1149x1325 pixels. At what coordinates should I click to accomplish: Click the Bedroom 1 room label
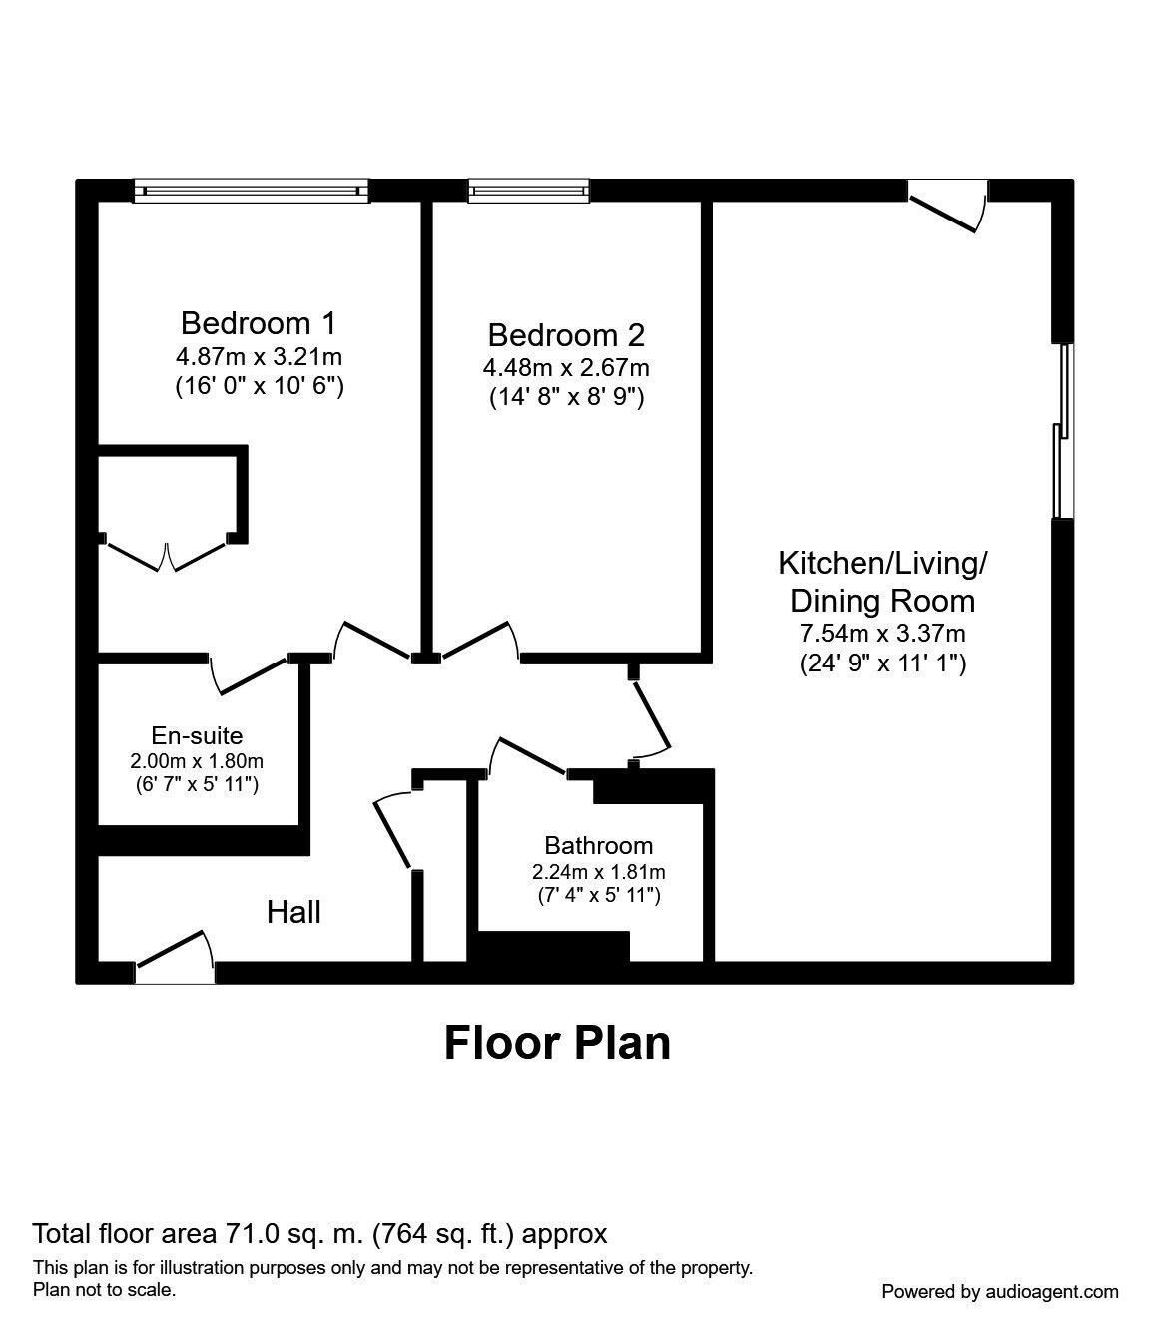point(259,323)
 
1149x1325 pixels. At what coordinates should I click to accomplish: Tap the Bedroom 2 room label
point(566,335)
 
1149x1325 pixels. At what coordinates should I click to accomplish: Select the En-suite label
point(197,735)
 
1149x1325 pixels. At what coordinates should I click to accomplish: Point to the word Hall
point(293,912)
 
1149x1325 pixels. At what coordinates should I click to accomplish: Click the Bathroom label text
point(599,845)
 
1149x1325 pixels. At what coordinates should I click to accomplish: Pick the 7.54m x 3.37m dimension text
point(882,633)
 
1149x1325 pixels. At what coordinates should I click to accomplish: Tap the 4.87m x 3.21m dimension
point(259,356)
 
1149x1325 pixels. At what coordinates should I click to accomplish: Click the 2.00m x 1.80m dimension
point(197,761)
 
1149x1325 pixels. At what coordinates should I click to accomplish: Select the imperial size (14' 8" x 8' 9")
point(566,397)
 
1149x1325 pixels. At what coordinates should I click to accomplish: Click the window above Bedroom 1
point(251,191)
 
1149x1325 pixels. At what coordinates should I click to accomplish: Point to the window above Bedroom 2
point(529,191)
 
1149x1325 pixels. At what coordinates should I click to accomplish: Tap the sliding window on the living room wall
point(1062,431)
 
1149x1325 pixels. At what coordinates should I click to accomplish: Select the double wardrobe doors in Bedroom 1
point(167,555)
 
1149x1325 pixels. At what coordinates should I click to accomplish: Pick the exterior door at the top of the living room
point(948,206)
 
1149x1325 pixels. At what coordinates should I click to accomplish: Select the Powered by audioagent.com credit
point(1000,1292)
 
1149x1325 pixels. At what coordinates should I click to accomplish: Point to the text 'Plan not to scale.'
point(104,1290)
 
